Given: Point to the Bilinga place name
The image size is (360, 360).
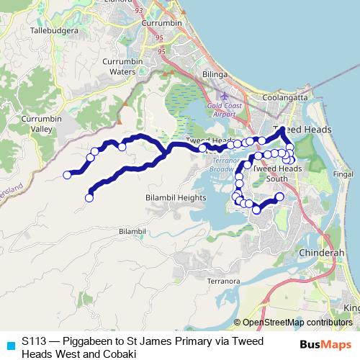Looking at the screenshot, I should pyautogui.click(x=216, y=74).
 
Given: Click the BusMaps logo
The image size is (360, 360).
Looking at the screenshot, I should pyautogui.click(x=325, y=344).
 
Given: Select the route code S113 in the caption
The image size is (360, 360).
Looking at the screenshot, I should pyautogui.click(x=34, y=341).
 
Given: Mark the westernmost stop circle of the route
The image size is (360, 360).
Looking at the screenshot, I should pyautogui.click(x=68, y=174).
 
